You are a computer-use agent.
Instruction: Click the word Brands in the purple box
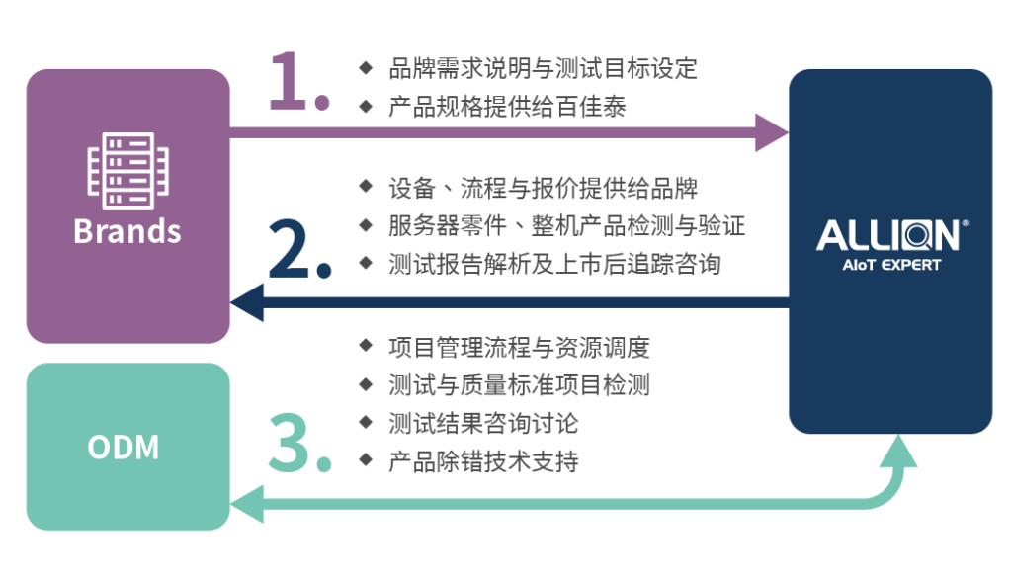[127, 231]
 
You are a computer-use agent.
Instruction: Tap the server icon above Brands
[127, 171]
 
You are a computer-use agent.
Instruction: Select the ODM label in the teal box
[124, 447]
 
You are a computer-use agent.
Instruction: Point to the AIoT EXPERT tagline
[891, 265]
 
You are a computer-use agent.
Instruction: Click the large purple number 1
[289, 81]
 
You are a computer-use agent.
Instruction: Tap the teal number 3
[290, 444]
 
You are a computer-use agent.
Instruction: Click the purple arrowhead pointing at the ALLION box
[771, 132]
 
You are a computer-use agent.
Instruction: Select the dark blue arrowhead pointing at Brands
[247, 302]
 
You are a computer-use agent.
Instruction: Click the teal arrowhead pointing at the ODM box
[247, 504]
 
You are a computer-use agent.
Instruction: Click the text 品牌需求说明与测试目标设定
[543, 68]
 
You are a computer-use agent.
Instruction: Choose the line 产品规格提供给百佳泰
[507, 107]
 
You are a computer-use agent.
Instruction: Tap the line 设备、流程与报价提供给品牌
[543, 189]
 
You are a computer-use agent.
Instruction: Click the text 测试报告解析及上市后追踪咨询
[555, 264]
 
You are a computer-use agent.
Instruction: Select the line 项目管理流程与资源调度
[519, 348]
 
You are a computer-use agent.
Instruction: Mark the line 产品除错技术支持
[483, 461]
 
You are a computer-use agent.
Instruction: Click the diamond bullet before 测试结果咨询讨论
[366, 422]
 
